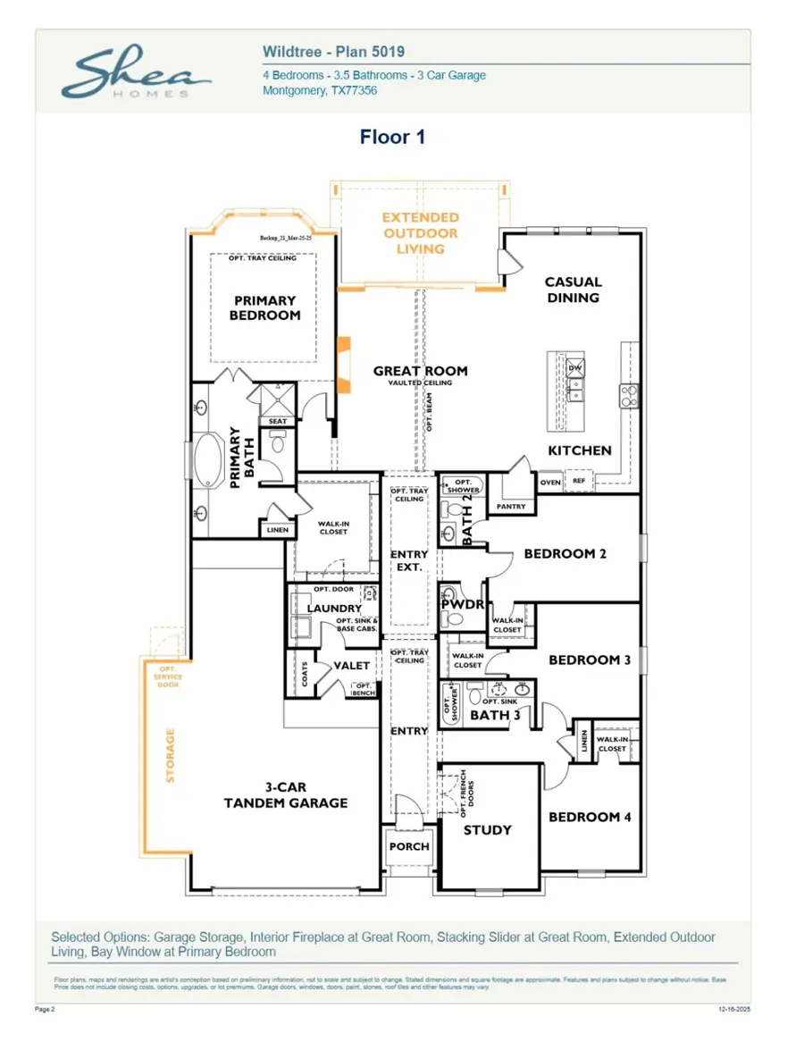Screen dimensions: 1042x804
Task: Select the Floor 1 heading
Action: (x=392, y=137)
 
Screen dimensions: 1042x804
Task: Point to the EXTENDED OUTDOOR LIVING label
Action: (x=420, y=232)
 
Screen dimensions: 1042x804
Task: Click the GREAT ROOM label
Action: (x=420, y=371)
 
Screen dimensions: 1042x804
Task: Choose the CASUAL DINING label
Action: (x=573, y=290)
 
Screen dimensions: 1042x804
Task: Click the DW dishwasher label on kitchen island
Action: (x=574, y=368)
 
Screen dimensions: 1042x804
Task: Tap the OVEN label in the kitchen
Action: (x=550, y=483)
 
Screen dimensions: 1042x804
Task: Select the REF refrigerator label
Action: (x=579, y=483)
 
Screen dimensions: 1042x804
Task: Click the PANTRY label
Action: (x=511, y=507)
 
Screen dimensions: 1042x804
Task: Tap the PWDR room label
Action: (x=461, y=605)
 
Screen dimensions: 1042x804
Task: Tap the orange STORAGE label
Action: (x=170, y=756)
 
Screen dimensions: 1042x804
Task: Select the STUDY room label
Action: (x=488, y=829)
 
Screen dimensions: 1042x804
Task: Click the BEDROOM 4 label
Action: (x=590, y=817)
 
